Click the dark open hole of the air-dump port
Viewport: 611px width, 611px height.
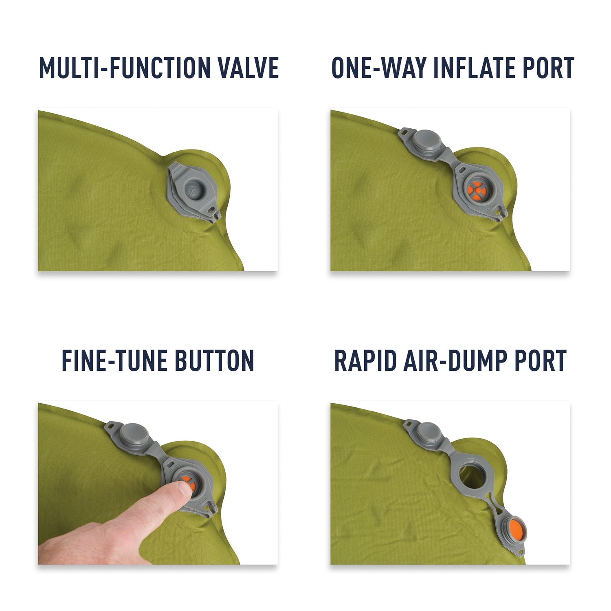tap(471, 476)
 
